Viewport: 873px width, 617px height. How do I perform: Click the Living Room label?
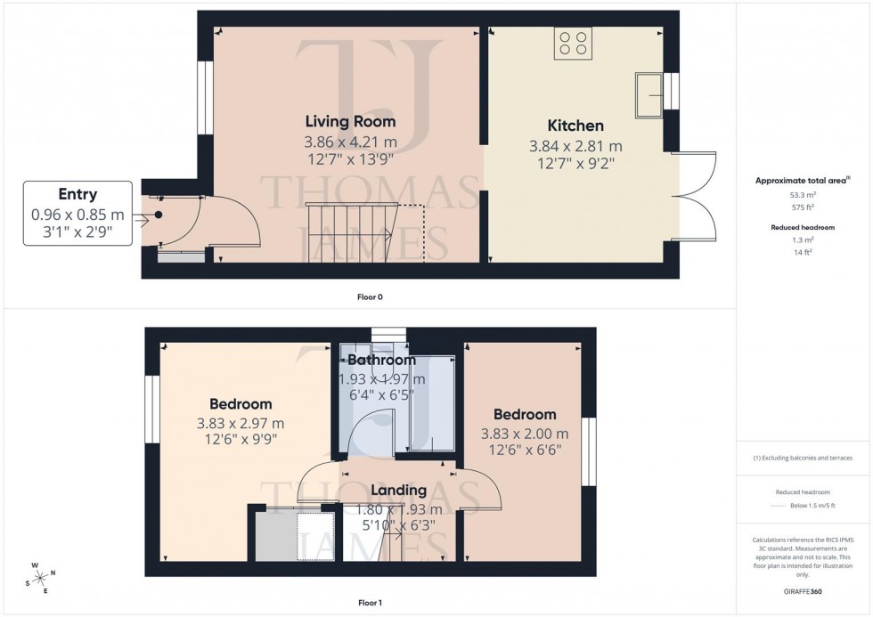click(350, 121)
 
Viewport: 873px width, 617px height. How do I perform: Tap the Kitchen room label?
click(575, 126)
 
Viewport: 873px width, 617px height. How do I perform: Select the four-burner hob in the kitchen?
click(573, 44)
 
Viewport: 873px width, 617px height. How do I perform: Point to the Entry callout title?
click(78, 194)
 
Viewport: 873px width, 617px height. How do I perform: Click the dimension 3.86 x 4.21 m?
click(350, 142)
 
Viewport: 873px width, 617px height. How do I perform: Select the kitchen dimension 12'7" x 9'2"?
click(575, 163)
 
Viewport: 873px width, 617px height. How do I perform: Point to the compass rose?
click(42, 576)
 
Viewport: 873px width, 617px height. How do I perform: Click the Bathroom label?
click(381, 361)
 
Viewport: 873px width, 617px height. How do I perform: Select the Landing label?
click(398, 490)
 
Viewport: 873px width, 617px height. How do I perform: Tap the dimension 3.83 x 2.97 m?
click(241, 423)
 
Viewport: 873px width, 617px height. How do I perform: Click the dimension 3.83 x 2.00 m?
click(525, 434)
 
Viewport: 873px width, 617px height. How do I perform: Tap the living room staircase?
click(348, 232)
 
